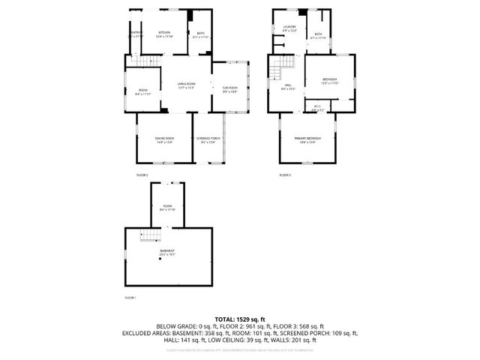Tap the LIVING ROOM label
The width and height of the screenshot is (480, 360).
click(186, 84)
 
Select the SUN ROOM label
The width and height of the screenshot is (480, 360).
click(229, 88)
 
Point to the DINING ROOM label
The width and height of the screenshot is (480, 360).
click(165, 139)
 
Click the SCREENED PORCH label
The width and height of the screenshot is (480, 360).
click(207, 139)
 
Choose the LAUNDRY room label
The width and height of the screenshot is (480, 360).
click(289, 28)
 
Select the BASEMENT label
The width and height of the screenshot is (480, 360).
click(166, 251)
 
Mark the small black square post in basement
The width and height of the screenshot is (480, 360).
click(159, 259)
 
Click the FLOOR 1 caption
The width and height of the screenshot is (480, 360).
click(130, 298)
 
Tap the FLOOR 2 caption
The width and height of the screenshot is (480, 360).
click(142, 175)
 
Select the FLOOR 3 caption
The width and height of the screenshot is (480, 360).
click(285, 175)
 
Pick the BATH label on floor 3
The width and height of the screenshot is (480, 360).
click(319, 34)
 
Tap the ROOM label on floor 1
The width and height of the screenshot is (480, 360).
click(168, 208)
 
